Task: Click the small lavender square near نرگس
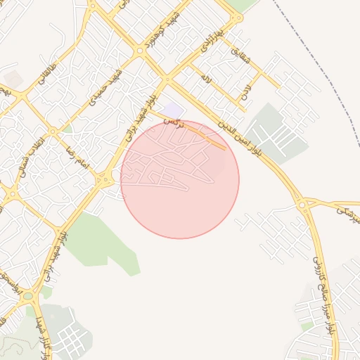point(174,110)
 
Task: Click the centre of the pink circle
point(180,179)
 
